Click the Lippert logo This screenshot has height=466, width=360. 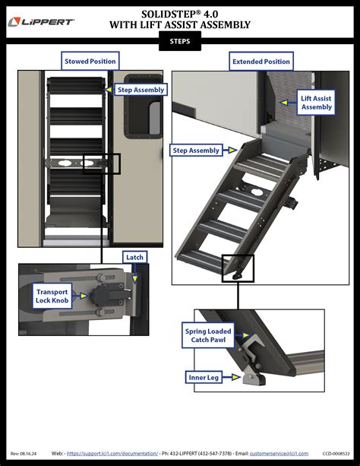(x=41, y=22)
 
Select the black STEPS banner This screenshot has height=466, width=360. (x=180, y=43)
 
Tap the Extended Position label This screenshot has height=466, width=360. (x=261, y=61)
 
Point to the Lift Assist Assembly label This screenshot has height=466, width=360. (x=316, y=103)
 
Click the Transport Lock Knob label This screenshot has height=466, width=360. (x=51, y=296)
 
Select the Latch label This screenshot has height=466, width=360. (x=134, y=258)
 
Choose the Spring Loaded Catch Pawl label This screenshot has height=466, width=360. (x=208, y=336)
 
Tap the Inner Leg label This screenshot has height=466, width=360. (x=204, y=376)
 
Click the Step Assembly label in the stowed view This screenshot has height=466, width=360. (x=141, y=90)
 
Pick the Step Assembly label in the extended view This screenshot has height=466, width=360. (x=196, y=151)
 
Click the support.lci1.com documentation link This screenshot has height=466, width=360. (x=113, y=453)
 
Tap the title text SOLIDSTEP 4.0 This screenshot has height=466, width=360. (x=179, y=14)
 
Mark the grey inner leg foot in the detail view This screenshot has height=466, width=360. (x=248, y=378)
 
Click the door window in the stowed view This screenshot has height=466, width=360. (x=137, y=100)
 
